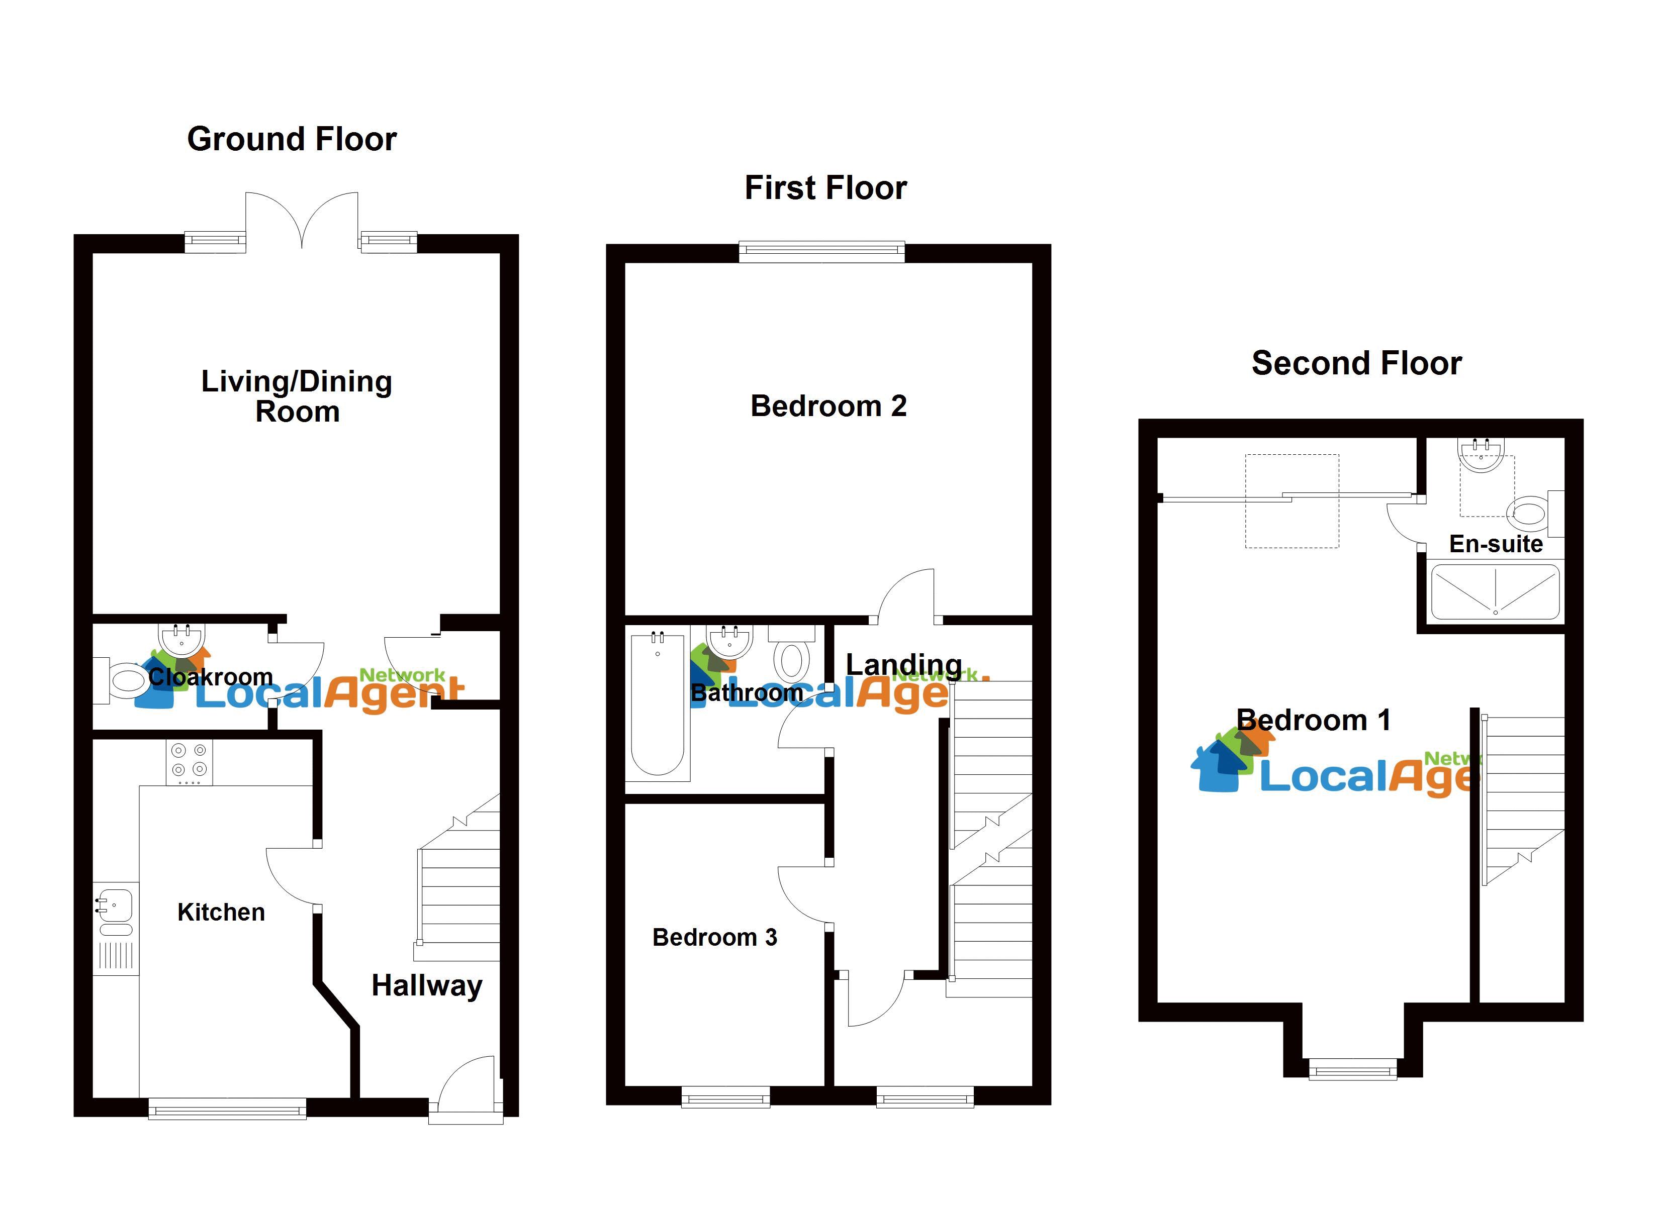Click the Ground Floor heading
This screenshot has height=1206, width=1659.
pos(292,139)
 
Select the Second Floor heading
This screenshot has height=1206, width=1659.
pos(1356,363)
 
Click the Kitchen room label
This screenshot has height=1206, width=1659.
pos(221,912)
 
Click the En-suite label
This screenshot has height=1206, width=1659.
pos(1496,544)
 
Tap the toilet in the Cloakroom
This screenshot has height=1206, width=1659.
pos(124,681)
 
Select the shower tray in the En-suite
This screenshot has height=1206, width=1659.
pos(1495,591)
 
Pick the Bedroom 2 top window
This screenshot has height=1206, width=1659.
pos(821,252)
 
